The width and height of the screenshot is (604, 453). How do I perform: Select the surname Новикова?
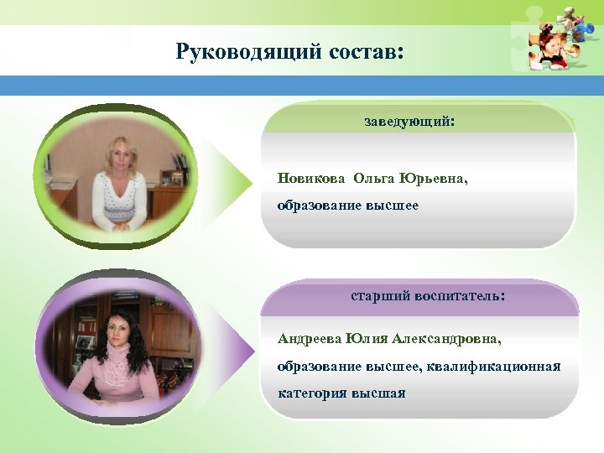311,179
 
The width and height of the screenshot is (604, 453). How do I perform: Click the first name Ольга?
377,179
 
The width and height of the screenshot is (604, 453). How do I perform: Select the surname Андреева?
310,340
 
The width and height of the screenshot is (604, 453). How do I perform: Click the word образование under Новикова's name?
320,206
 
